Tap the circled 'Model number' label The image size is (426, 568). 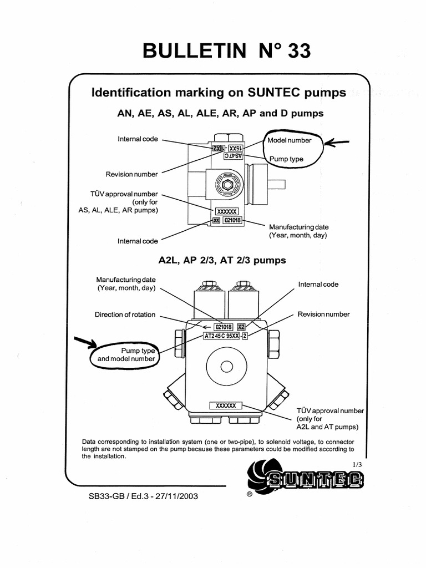pos(290,140)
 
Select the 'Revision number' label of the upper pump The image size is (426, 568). pos(132,174)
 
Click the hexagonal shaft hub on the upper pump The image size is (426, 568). pos(226,184)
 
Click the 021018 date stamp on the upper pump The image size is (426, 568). pos(233,220)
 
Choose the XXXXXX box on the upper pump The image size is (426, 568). pos(226,212)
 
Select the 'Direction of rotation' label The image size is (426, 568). pos(125,315)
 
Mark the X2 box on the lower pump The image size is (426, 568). pos(241,327)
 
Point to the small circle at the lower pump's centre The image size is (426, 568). pos(226,367)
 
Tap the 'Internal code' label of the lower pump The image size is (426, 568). pos(318,285)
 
